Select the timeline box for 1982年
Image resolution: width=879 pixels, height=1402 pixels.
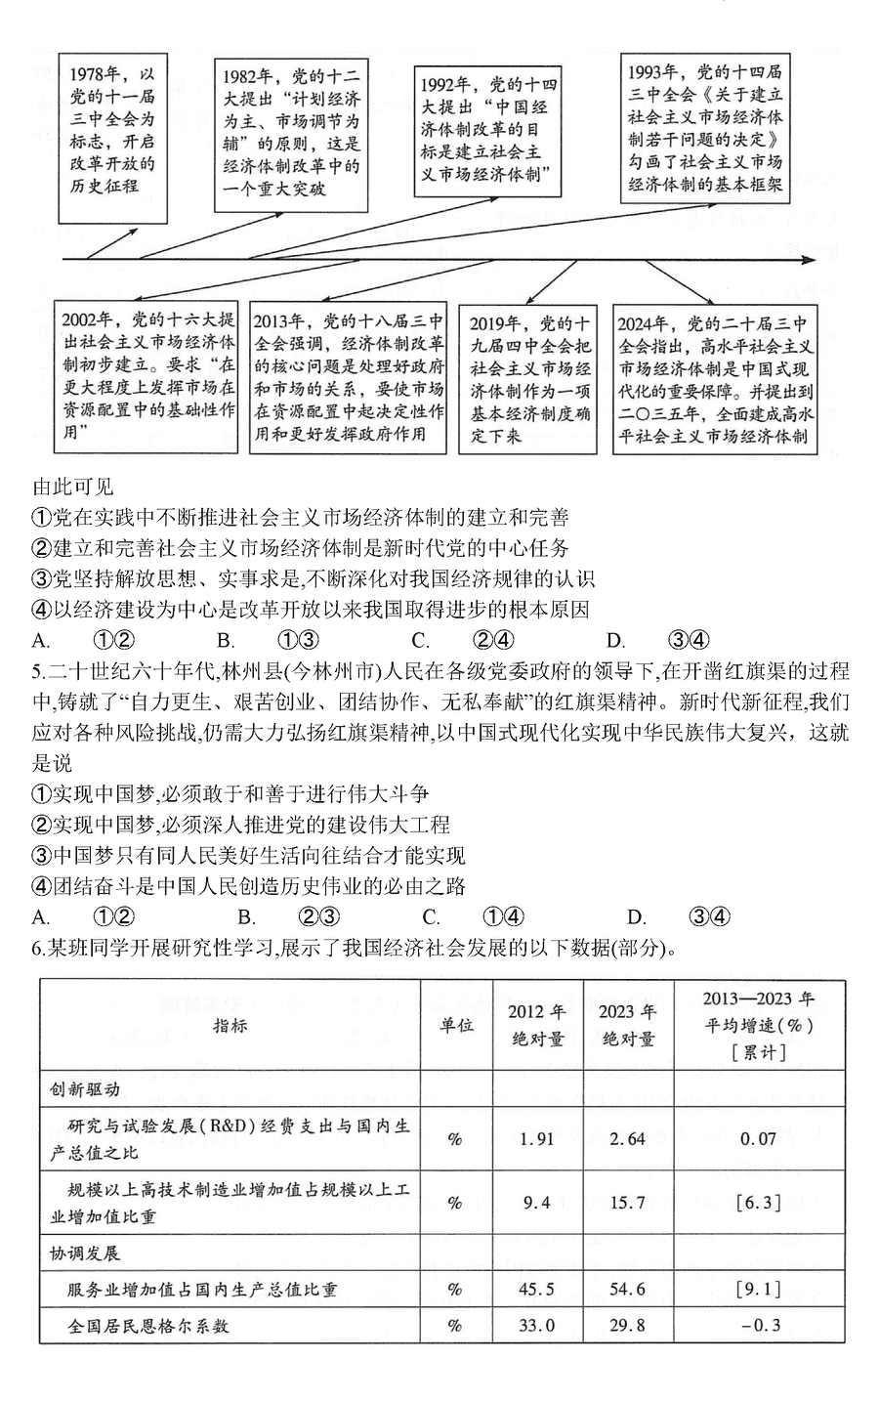click(291, 134)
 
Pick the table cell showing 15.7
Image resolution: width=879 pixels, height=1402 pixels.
click(627, 1203)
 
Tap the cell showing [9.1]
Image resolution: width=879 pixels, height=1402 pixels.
click(759, 1289)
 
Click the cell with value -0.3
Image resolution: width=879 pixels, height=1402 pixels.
click(759, 1326)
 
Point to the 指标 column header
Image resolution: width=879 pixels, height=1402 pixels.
click(230, 1025)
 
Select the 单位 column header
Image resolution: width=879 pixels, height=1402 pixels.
click(454, 1025)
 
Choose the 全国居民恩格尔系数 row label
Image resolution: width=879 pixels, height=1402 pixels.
click(148, 1326)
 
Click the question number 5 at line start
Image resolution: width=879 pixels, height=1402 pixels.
click(37, 671)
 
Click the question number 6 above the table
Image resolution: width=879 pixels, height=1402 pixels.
click(37, 948)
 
